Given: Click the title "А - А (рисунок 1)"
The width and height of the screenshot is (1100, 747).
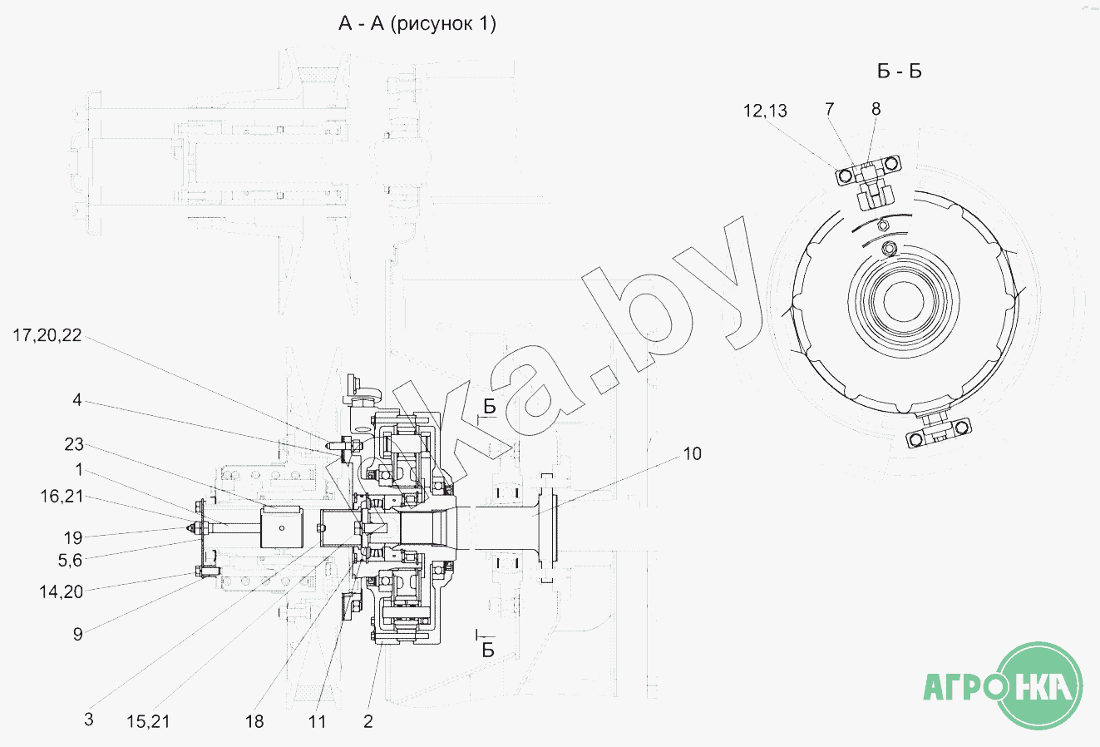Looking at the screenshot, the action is point(417,23).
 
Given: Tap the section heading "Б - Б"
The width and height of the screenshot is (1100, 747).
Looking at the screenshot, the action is point(899,72).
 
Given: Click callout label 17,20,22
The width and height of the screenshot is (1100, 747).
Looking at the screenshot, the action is point(47,336).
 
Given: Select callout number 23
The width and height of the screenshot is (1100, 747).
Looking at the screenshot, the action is point(74,444).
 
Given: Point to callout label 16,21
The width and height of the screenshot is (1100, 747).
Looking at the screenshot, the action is point(62,497).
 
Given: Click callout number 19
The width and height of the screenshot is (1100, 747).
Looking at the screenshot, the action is point(73,537).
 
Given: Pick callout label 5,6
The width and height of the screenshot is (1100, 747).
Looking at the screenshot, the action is point(70,561).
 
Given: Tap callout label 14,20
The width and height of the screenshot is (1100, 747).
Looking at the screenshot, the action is point(61,591).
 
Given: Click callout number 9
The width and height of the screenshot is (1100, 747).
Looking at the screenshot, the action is point(77,634).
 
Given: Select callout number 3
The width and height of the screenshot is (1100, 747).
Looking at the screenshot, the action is point(88,720).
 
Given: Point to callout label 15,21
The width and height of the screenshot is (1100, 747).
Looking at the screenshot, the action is point(148,721).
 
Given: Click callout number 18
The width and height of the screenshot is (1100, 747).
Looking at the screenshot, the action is point(254,721).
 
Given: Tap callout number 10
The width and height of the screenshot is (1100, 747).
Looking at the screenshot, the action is point(693,453).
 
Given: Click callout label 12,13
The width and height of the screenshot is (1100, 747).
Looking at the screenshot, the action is point(765,111).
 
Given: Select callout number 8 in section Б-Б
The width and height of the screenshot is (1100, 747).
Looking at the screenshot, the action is point(876,109).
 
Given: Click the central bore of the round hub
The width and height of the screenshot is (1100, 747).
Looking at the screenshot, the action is point(903,302).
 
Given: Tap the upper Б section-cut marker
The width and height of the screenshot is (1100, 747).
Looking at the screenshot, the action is point(489,407).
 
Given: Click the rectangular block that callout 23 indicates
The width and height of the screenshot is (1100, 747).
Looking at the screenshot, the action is point(281,527).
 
